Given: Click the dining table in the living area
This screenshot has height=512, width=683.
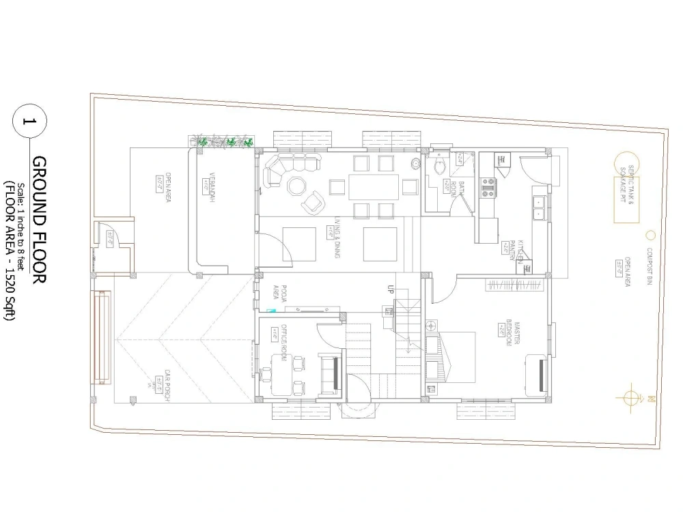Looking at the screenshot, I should click(374, 186).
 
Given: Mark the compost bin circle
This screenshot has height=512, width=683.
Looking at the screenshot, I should click(650, 236).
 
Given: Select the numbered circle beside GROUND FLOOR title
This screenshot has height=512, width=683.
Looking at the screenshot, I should click(29, 123).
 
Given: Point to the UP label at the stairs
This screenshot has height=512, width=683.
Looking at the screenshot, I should click(391, 288).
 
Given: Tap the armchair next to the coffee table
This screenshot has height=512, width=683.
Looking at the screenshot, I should click(313, 201).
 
